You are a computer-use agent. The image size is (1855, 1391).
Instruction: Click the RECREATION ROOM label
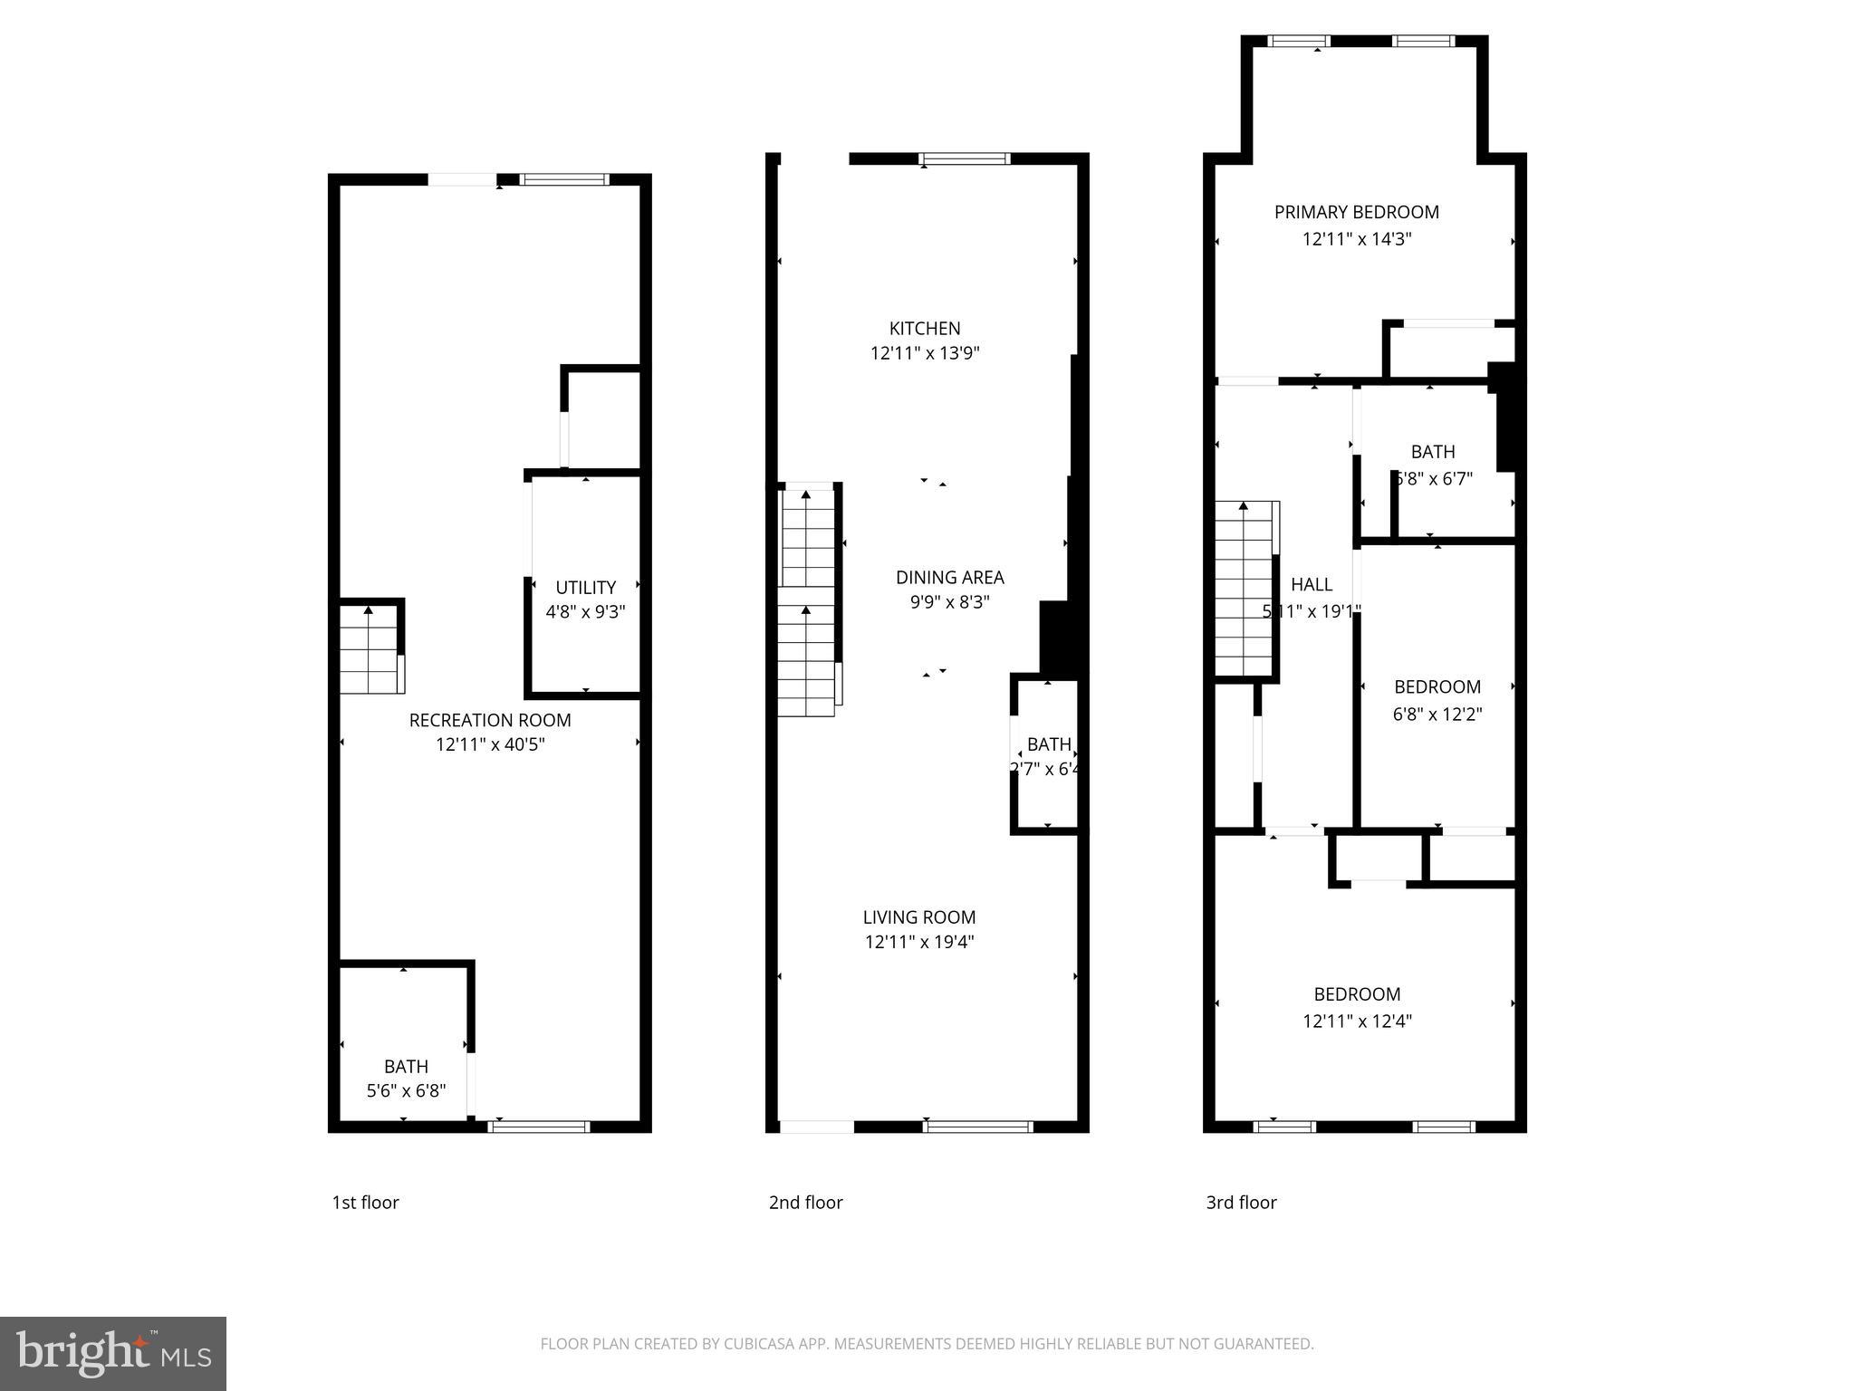click(x=490, y=720)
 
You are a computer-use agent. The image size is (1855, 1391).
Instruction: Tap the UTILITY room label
click(x=585, y=588)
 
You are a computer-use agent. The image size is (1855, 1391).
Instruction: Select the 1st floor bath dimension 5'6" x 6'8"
click(x=406, y=1091)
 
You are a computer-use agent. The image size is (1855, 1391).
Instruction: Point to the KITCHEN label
click(x=925, y=329)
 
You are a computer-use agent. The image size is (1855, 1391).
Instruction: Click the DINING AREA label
click(x=949, y=578)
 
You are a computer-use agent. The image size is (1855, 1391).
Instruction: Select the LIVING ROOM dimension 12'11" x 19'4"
click(x=919, y=942)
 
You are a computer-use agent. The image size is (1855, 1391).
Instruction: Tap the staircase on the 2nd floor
click(x=807, y=602)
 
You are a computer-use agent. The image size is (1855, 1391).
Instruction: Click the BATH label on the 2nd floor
click(x=1049, y=744)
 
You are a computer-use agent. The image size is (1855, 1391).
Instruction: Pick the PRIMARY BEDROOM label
click(x=1356, y=212)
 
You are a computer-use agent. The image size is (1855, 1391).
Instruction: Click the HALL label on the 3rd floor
click(x=1311, y=585)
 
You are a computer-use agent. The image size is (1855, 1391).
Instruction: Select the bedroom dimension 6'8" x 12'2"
click(x=1437, y=715)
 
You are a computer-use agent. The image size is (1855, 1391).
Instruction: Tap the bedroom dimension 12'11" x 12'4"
click(x=1357, y=1022)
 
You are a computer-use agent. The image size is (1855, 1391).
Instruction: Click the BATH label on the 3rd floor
click(x=1432, y=452)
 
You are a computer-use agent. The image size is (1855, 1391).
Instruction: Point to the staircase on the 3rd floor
click(x=1245, y=590)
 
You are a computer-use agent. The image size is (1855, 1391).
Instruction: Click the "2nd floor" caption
click(x=805, y=1203)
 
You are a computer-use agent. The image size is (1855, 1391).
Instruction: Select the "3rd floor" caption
click(x=1241, y=1203)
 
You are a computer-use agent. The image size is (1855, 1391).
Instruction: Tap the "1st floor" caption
click(x=365, y=1203)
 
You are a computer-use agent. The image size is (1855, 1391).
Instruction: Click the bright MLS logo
click(x=113, y=1353)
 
